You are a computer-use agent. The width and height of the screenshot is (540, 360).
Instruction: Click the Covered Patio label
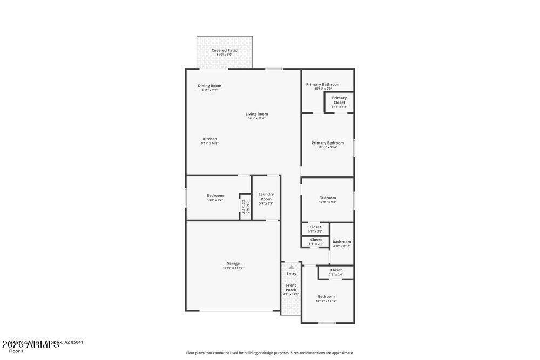coord(224,50)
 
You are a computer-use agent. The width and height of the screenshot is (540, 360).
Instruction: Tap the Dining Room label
coord(210,86)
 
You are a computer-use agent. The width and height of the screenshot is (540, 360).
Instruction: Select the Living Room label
coord(256,114)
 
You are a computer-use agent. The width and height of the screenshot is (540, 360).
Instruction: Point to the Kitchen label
coord(210,139)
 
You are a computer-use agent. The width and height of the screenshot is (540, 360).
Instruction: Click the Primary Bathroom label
coord(323,84)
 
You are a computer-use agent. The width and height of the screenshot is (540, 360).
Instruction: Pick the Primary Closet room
coord(339,102)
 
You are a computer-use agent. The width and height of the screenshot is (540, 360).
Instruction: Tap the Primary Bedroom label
coord(327,143)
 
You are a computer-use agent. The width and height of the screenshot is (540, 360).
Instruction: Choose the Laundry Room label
coord(266,196)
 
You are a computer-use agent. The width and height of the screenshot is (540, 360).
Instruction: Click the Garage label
coord(233,263)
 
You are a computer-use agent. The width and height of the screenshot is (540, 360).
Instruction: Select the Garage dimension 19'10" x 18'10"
coord(233,268)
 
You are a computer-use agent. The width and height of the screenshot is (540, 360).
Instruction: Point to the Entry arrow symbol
coord(291,267)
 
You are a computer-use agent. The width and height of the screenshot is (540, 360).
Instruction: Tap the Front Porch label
coord(291,288)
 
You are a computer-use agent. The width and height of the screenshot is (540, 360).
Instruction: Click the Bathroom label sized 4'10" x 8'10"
coord(341,242)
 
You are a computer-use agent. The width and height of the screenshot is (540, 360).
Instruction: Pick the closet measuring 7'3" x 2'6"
coord(336,272)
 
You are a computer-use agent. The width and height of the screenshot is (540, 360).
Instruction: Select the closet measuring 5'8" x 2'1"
coord(316,241)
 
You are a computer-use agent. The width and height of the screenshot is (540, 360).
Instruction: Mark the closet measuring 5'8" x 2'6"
coord(315,229)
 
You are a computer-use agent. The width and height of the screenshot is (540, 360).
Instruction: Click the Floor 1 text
coord(16,351)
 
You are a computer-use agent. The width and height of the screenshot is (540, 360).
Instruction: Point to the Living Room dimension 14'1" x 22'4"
coord(256,119)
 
